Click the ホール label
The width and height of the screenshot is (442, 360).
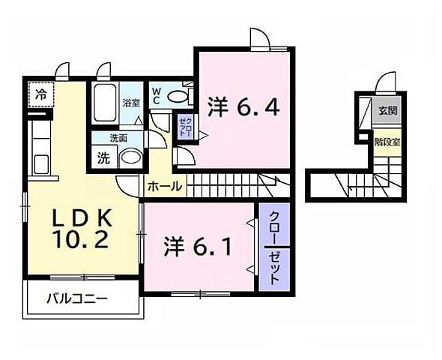(163, 186)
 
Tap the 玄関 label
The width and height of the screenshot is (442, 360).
(387, 112)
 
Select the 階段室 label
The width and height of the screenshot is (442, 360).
(387, 139)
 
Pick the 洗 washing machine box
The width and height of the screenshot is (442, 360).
(103, 158)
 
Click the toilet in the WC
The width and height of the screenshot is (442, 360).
(178, 96)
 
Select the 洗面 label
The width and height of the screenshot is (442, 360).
(118, 139)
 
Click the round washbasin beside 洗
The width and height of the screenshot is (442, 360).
(130, 159)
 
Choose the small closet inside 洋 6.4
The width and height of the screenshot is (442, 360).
(184, 125)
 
